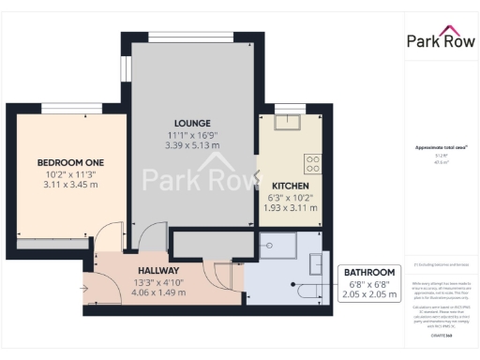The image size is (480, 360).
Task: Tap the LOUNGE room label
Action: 191,123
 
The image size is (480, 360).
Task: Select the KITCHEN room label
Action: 290,185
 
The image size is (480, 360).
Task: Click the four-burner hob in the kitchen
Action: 312,162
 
